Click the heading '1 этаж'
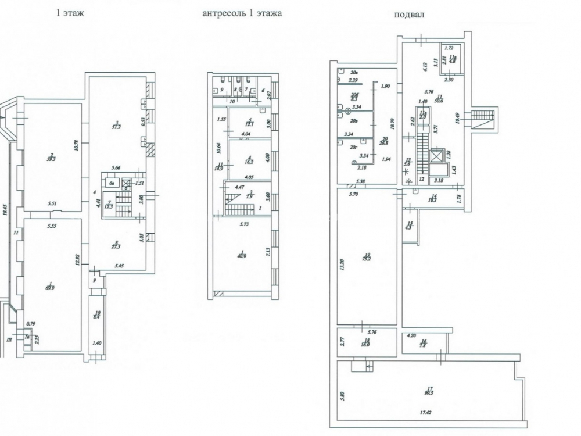click(x=70, y=13)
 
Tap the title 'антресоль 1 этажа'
click(x=242, y=13)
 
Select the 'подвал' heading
click(x=409, y=15)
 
